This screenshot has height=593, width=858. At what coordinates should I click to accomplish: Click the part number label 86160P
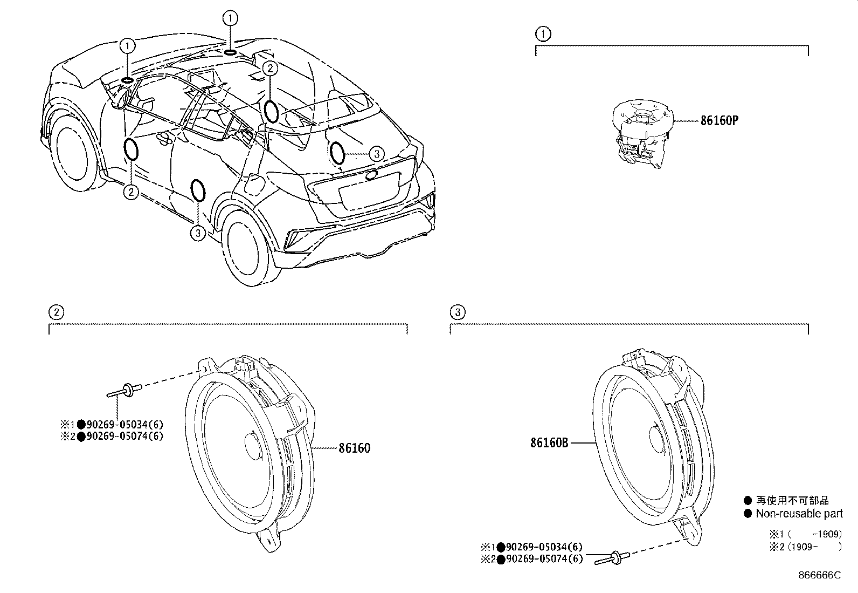(719, 121)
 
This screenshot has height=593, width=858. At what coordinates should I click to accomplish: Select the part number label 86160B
(549, 443)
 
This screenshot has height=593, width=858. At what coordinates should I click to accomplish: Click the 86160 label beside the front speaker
(354, 448)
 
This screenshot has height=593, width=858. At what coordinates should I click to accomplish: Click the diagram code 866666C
(819, 575)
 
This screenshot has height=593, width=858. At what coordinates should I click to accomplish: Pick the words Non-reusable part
(799, 514)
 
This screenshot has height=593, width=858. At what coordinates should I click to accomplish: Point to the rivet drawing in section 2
(124, 390)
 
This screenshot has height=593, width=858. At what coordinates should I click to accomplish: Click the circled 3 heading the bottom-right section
(458, 312)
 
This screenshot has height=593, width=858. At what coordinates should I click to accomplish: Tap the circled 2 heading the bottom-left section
(56, 312)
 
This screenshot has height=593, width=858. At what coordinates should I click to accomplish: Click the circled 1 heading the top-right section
(543, 34)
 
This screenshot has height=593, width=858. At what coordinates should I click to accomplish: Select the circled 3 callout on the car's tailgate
(377, 154)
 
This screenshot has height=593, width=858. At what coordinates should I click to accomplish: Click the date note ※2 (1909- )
(805, 546)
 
